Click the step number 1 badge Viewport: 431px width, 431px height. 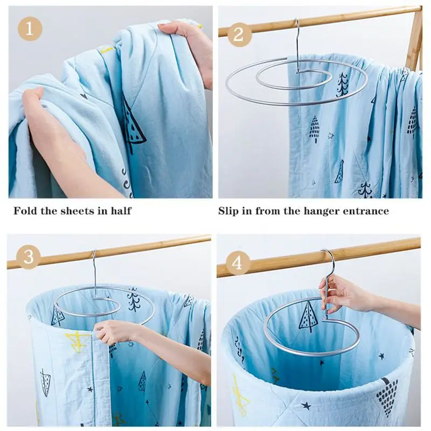point(30,29)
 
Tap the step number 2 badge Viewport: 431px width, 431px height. point(239,35)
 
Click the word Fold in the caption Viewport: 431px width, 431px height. point(26,211)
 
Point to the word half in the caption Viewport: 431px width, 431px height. point(119,211)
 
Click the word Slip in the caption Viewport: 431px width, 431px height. point(231,211)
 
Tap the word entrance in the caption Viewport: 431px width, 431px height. point(365,211)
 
